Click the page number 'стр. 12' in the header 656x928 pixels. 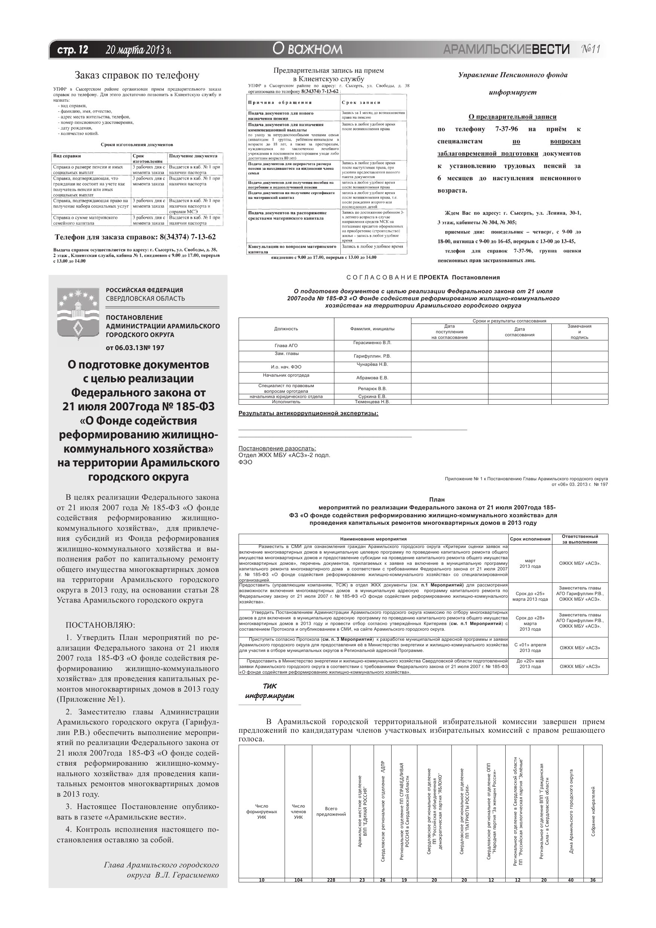pos(73,50)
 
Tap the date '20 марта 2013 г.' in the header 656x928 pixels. pos(138,50)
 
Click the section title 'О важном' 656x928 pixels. pos(307,49)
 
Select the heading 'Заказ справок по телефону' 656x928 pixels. pos(137,75)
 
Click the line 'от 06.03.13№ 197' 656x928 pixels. pos(135,347)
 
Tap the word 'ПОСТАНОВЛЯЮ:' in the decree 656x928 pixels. pos(101,625)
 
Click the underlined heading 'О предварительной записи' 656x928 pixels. pos(512,117)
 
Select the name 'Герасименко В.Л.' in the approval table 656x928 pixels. pos(372,343)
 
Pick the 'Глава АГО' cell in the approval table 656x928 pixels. pos(286,346)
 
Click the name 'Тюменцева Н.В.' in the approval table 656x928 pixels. pos(372,402)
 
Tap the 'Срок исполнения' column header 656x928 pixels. pos(530,539)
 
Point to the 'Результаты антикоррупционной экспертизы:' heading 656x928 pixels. pos(309,413)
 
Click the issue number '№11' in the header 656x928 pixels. pos(591,49)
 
